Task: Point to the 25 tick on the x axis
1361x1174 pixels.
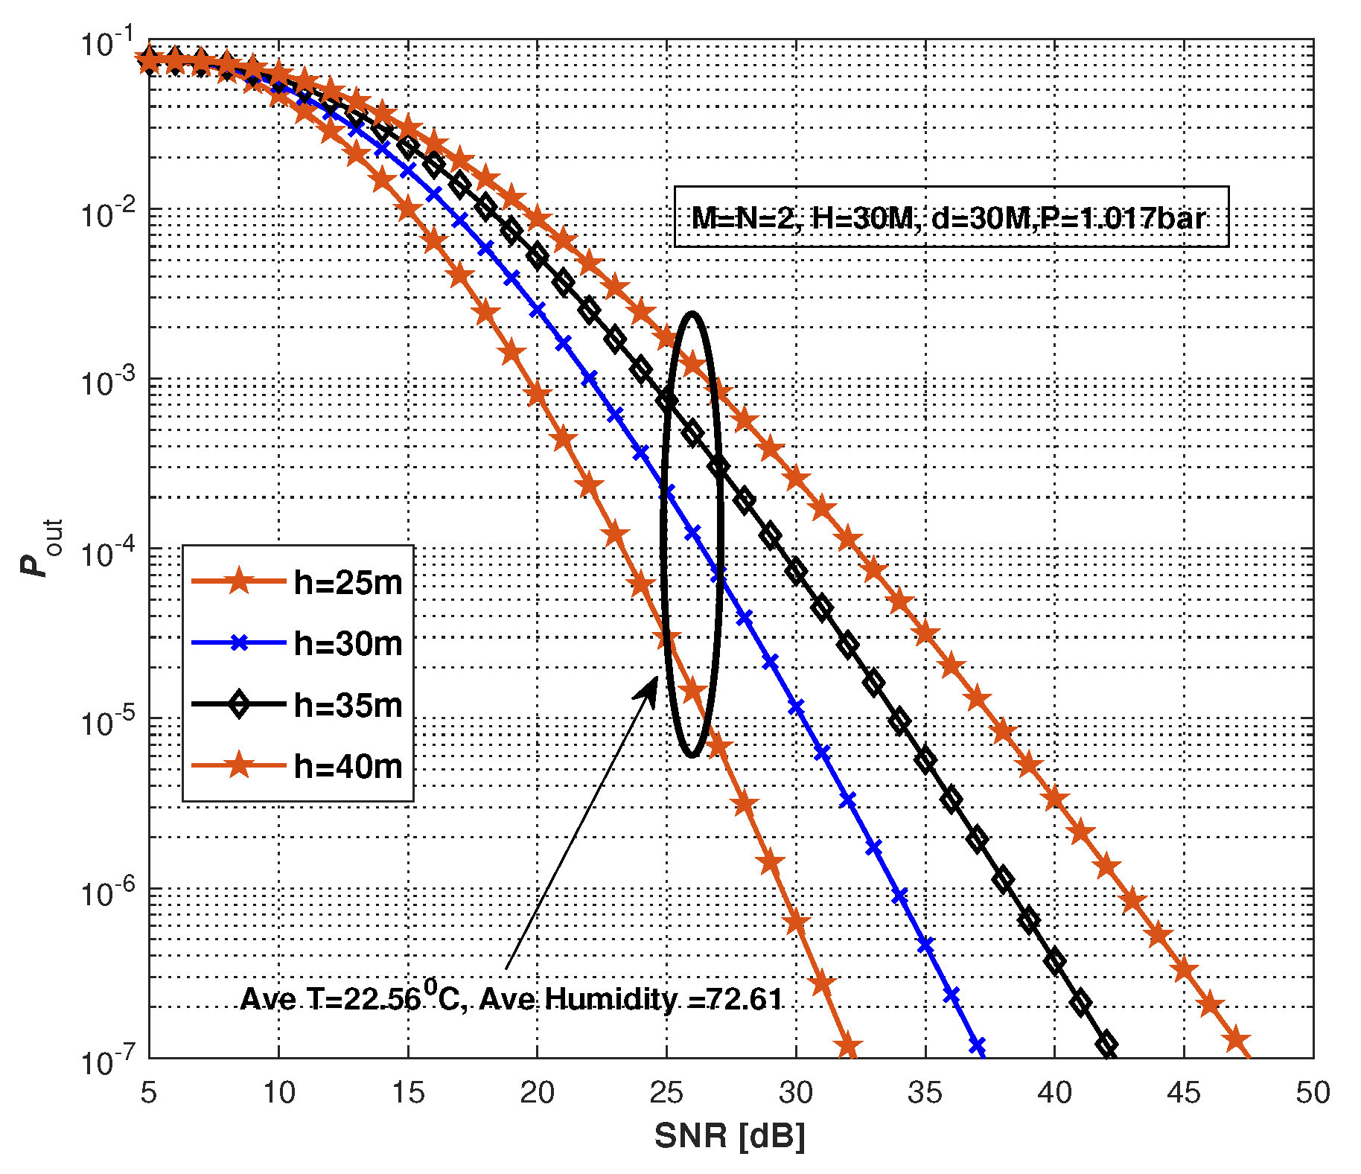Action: pos(666,1093)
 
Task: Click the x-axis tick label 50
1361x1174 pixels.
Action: pos(1313,1093)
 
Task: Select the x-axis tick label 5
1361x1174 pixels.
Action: pos(149,1093)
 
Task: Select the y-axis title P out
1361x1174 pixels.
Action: pos(41,547)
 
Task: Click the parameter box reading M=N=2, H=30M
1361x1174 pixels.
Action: pos(951,217)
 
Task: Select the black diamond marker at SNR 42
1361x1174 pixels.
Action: pos(1106,1044)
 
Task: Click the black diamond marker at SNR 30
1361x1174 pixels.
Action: pos(796,572)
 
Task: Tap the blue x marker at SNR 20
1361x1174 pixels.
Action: pos(537,310)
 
